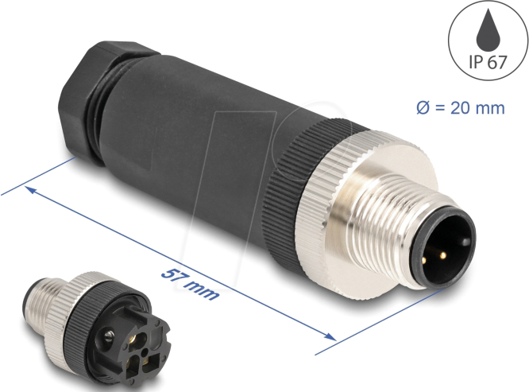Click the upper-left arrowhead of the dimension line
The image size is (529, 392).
coord(30,190)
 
